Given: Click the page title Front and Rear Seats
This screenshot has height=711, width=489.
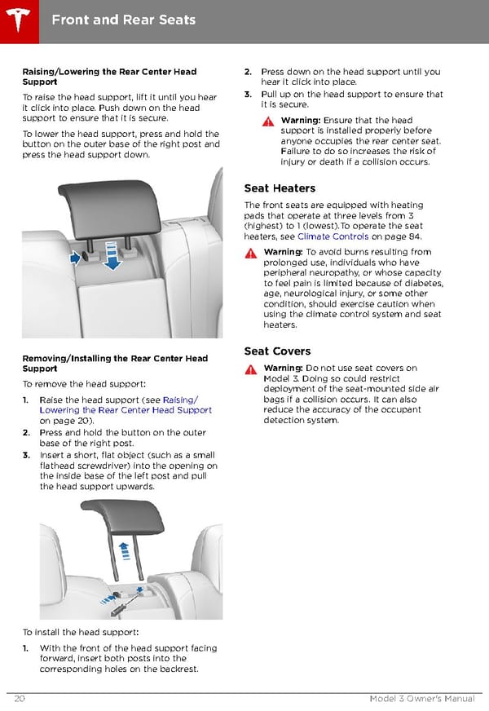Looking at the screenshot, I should point(123,19).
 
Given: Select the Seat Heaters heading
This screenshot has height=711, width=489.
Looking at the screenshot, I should point(280,188).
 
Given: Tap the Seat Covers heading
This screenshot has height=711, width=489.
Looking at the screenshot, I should point(277,351).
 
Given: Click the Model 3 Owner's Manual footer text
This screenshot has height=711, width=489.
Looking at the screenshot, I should point(422,700).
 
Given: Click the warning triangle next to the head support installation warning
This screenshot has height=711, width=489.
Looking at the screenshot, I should point(268,121).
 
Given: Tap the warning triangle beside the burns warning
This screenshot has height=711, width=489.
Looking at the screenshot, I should point(251,253).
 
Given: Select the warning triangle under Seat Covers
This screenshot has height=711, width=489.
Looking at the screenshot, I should point(251,369).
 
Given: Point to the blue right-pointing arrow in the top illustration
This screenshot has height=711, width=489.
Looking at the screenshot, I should point(76,258).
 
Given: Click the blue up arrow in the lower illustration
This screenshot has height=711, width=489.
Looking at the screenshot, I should point(124,548).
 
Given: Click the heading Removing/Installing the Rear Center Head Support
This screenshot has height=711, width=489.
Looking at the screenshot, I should point(114,364).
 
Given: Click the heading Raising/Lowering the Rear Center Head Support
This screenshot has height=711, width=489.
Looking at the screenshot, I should point(108,77).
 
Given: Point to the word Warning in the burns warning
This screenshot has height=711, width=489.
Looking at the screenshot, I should point(283,252).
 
